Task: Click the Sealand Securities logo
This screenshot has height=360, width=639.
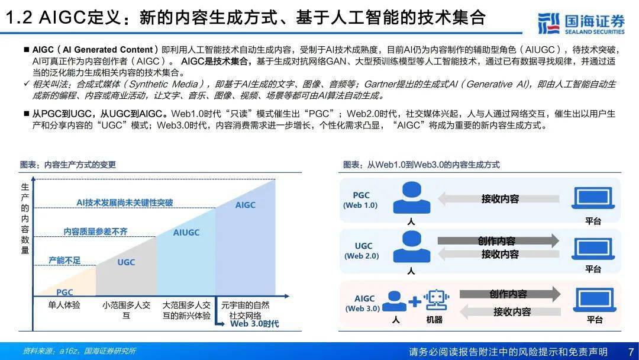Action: pyautogui.click(x=582, y=23)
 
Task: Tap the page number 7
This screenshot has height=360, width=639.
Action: pyautogui.click(x=631, y=352)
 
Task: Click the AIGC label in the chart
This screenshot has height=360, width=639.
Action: pyautogui.click(x=246, y=205)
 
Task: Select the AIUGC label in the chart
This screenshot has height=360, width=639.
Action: pyautogui.click(x=186, y=232)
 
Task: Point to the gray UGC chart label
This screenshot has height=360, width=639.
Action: pyautogui.click(x=126, y=262)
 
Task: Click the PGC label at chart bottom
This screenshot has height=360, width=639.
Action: pyautogui.click(x=64, y=292)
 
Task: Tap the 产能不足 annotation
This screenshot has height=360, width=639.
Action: pyautogui.click(x=64, y=260)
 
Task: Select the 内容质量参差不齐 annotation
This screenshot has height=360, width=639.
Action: pyautogui.click(x=96, y=232)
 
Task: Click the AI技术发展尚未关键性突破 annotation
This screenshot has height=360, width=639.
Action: pyautogui.click(x=125, y=202)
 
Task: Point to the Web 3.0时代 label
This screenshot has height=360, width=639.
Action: pyautogui.click(x=254, y=324)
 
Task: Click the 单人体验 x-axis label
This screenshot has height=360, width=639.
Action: pyautogui.click(x=64, y=305)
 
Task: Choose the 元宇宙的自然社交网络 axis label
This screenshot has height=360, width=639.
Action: pyautogui.click(x=246, y=310)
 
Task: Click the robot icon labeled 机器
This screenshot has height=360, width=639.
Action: pyautogui.click(x=436, y=300)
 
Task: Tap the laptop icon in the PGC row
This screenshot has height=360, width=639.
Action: pyautogui.click(x=593, y=198)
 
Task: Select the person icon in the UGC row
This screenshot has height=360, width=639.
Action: pyautogui.click(x=412, y=247)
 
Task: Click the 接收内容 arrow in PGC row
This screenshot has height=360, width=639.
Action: pyautogui.click(x=499, y=199)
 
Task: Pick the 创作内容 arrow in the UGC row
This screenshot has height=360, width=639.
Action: pyautogui.click(x=498, y=240)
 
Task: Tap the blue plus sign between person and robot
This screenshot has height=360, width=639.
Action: pyautogui.click(x=414, y=302)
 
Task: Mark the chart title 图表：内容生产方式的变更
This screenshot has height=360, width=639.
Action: pyautogui.click(x=67, y=165)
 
